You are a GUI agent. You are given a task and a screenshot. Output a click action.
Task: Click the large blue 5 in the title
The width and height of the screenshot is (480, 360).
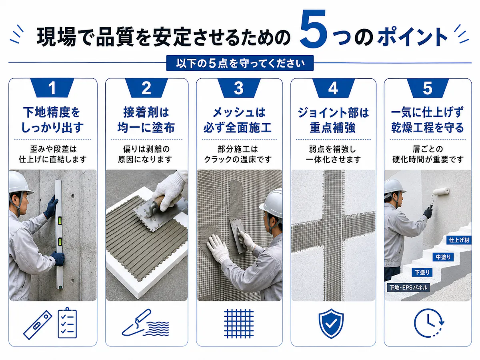tap(313, 29)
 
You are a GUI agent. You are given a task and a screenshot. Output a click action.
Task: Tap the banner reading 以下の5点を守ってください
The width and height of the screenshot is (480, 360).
tap(240, 63)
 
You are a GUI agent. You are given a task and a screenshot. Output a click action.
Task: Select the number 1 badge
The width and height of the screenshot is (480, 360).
tap(52, 88)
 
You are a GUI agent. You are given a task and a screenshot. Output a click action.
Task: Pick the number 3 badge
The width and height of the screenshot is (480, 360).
tap(239, 88)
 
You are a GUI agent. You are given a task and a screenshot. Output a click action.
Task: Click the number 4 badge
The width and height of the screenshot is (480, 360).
tap(333, 88)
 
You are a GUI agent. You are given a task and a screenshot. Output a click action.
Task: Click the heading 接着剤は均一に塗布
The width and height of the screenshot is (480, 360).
tap(146, 120)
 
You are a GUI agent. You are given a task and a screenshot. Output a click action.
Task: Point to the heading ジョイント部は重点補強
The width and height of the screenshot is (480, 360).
tap(333, 120)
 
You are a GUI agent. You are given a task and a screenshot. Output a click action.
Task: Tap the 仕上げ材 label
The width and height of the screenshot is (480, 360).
tap(459, 240)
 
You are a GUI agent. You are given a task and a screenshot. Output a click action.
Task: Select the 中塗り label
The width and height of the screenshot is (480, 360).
tap(443, 257)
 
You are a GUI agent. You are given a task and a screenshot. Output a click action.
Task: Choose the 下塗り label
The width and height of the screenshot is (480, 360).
tap(422, 272)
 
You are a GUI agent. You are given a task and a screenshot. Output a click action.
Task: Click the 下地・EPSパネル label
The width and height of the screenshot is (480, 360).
tap(408, 288)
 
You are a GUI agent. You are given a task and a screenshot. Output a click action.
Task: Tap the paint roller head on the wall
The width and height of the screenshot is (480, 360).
tap(441, 191)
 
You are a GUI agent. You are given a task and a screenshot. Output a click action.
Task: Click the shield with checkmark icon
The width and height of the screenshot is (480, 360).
tap(331, 324)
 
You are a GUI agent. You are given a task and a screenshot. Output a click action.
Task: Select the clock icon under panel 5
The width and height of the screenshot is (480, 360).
tap(429, 324)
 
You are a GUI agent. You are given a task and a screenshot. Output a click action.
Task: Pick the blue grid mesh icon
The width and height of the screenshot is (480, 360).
tap(239, 324)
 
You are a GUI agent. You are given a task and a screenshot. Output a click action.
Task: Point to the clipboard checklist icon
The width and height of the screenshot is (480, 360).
tap(67, 323)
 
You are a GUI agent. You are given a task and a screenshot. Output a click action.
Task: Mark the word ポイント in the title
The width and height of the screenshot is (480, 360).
tap(412, 37)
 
